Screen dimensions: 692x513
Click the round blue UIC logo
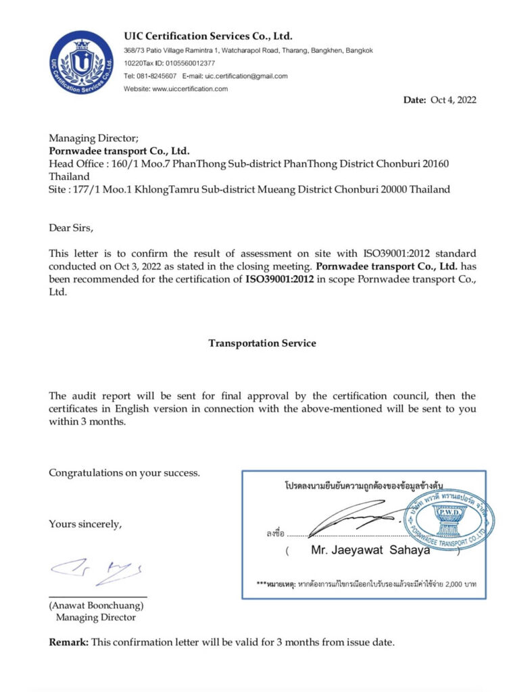coord(81,63)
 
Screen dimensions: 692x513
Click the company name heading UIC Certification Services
coord(208,36)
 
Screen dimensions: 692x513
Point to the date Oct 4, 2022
coord(453,100)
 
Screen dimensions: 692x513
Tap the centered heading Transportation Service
coord(262,343)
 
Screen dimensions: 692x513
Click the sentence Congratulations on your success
coord(124,473)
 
